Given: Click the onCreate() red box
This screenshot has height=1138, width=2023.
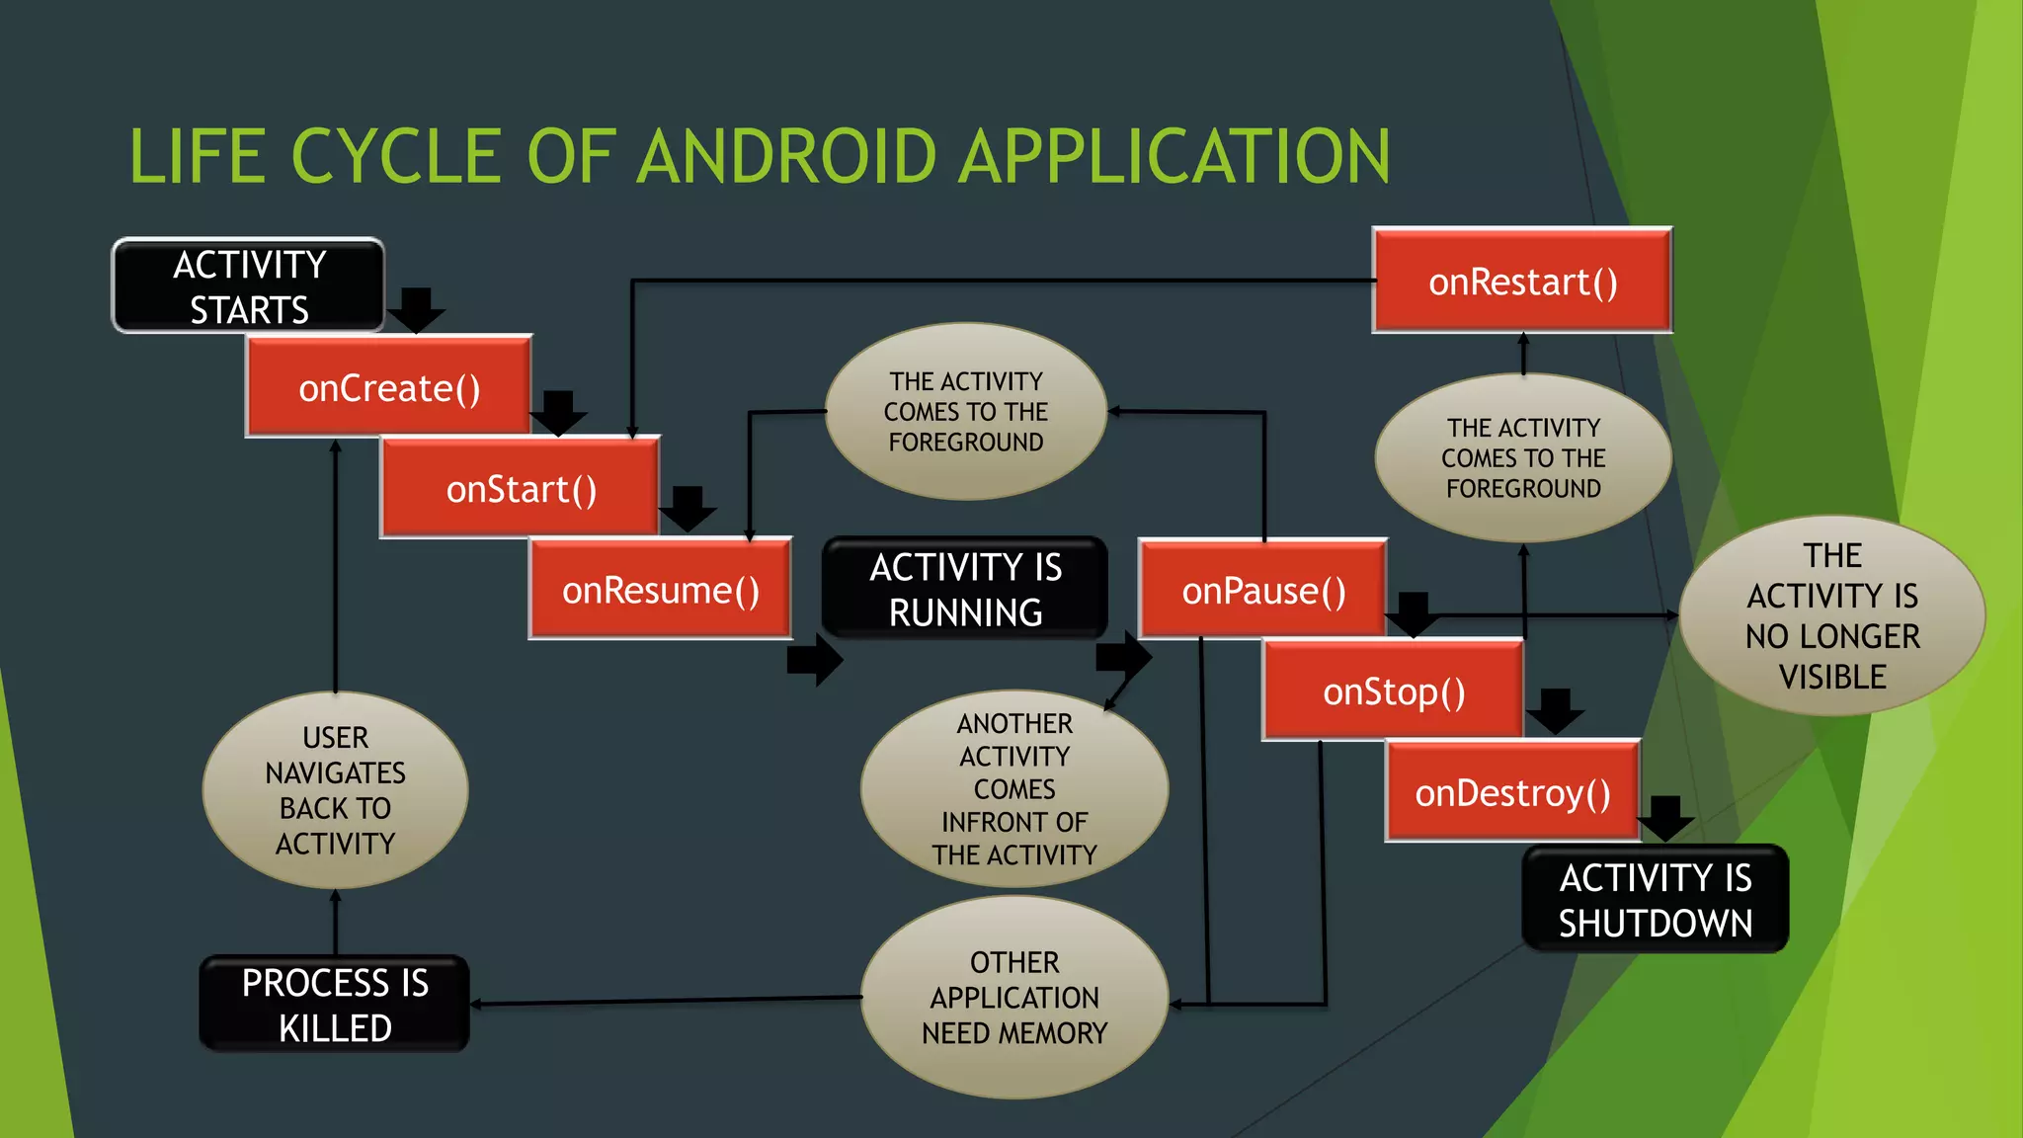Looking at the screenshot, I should click(388, 387).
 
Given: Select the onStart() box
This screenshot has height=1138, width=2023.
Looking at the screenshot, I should click(521, 489).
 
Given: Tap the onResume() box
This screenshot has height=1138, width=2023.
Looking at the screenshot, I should click(660, 590).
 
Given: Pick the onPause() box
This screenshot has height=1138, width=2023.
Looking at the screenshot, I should click(1263, 590).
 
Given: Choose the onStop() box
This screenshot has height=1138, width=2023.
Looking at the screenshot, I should click(1393, 691).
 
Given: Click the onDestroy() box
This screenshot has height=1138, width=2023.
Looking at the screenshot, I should click(1512, 792).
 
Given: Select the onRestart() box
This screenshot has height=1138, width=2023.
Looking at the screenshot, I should click(1522, 282).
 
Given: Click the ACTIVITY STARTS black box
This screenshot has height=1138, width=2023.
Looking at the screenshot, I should click(249, 286).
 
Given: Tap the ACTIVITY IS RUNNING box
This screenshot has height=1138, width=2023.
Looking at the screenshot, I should click(965, 589).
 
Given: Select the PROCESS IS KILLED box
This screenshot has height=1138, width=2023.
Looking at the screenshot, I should click(335, 1005).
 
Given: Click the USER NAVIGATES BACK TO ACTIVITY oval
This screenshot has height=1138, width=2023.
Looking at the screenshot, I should click(335, 790).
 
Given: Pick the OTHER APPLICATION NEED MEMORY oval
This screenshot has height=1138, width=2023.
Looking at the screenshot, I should click(1014, 998).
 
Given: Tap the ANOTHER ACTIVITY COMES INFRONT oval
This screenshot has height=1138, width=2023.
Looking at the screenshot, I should click(1014, 788).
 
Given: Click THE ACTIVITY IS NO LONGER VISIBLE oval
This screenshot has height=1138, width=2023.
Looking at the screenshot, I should click(1832, 615).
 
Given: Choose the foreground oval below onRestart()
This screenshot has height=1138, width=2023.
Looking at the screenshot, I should click(1523, 457).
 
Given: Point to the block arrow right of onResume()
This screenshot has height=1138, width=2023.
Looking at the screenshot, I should click(814, 660).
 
